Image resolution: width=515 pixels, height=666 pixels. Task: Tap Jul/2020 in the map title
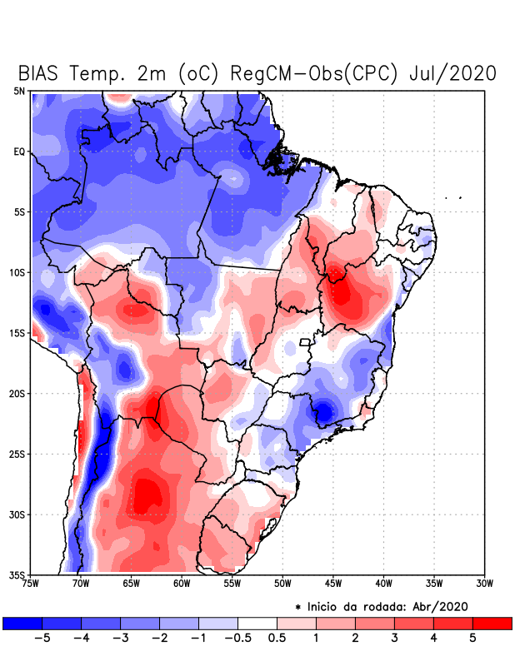click(x=453, y=73)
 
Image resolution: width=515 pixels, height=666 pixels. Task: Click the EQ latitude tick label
click(x=19, y=152)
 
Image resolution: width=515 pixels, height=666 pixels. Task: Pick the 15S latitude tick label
click(x=17, y=333)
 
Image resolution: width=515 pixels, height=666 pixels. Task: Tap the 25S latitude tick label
click(x=17, y=454)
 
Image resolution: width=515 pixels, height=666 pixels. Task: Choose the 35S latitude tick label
click(x=17, y=574)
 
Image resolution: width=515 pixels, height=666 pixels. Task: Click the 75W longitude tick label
click(x=31, y=584)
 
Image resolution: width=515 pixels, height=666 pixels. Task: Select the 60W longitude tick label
click(x=182, y=584)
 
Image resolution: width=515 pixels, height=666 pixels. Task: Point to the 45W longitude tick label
click(x=333, y=584)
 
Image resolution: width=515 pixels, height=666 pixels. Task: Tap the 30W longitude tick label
click(x=484, y=584)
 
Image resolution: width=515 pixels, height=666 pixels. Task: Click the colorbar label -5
click(x=42, y=638)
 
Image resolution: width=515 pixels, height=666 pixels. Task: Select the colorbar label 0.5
click(x=277, y=638)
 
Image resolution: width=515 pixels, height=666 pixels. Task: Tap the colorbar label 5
click(x=472, y=638)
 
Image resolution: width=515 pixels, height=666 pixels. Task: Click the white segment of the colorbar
click(x=257, y=623)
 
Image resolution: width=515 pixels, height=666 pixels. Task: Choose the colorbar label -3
click(x=120, y=638)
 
